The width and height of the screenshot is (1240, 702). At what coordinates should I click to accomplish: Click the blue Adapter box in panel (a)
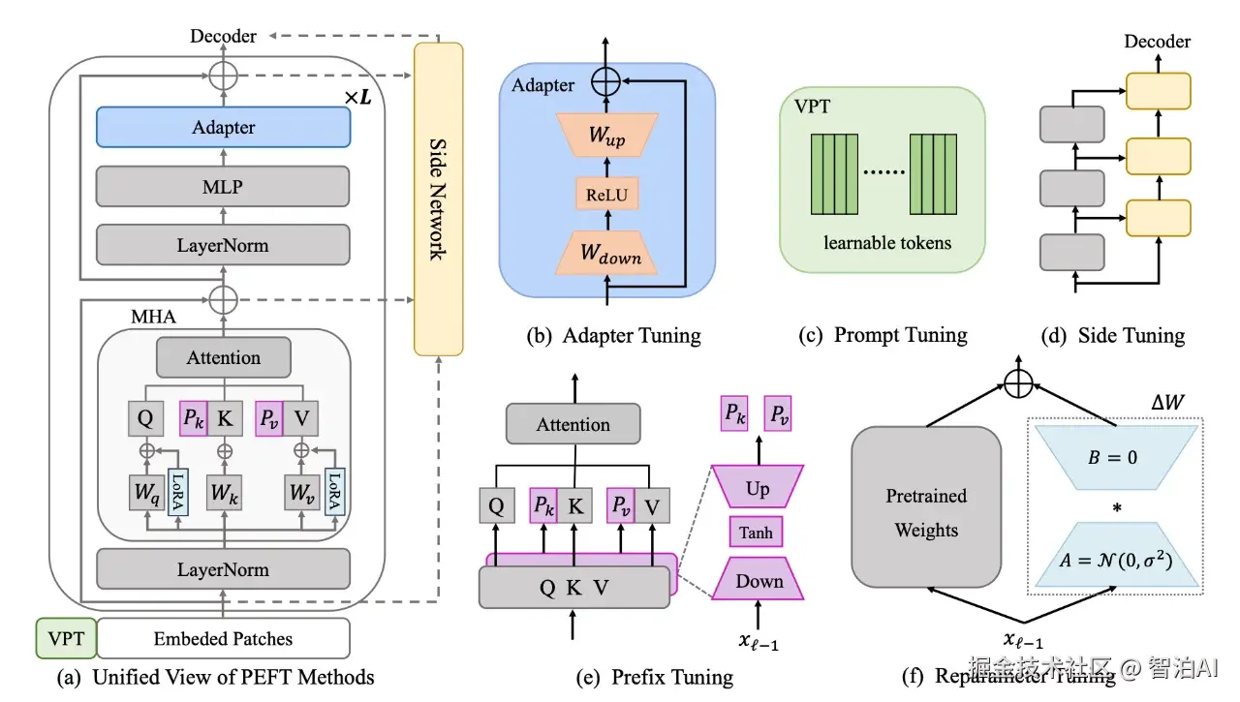pyautogui.click(x=223, y=128)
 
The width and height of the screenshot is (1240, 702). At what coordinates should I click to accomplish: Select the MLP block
pyautogui.click(x=223, y=186)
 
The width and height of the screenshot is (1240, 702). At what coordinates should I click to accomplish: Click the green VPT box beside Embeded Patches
pyautogui.click(x=66, y=638)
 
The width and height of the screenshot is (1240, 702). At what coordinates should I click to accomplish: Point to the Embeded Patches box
pyautogui.click(x=223, y=638)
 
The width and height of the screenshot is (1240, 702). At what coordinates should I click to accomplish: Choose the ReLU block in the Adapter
pyautogui.click(x=607, y=195)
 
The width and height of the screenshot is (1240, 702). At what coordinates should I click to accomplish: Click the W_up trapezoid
pyautogui.click(x=607, y=136)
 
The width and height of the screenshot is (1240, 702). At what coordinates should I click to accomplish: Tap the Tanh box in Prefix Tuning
pyautogui.click(x=756, y=533)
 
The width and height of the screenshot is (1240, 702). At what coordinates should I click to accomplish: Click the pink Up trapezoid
pyautogui.click(x=757, y=489)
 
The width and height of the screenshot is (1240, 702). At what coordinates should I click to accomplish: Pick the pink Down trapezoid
pyautogui.click(x=759, y=581)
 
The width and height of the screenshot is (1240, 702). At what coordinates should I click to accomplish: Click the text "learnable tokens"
pyautogui.click(x=887, y=242)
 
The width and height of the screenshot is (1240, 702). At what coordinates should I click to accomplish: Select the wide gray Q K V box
pyautogui.click(x=574, y=587)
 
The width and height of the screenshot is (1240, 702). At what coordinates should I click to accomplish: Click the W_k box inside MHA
pyautogui.click(x=225, y=493)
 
